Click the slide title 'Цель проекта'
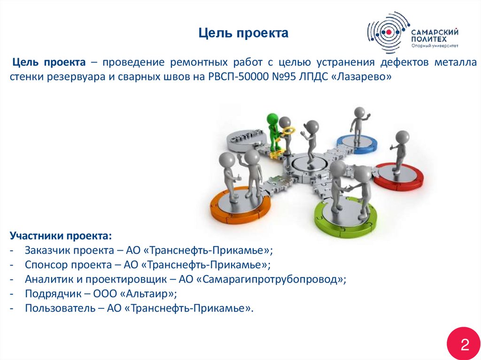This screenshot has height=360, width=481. tap(243, 33)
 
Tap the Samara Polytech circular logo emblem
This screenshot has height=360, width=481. tap(388, 32)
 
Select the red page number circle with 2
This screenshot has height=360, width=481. tap(464, 345)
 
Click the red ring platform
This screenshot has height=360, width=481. tap(399, 177)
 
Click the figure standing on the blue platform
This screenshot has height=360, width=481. tap(358, 123)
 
